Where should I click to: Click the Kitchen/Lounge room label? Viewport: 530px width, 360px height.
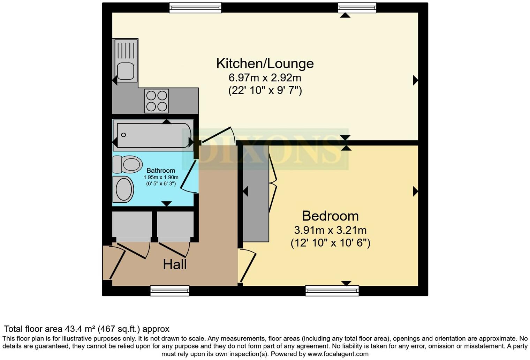(265, 63)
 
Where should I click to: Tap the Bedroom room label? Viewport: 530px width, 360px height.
(330, 216)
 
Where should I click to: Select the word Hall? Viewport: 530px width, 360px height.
(175, 264)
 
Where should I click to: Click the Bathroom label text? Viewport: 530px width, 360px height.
(161, 171)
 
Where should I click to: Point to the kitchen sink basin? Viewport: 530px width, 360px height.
(125, 71)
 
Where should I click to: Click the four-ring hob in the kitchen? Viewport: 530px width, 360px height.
(157, 101)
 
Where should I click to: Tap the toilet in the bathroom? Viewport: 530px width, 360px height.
(128, 164)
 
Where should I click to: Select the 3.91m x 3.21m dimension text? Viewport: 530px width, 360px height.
(330, 230)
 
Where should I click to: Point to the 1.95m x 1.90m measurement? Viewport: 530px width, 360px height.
(161, 177)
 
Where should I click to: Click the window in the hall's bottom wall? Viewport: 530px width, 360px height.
(170, 291)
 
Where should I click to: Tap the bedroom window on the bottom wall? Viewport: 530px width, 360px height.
(332, 291)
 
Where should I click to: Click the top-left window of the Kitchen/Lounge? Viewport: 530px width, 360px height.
(195, 8)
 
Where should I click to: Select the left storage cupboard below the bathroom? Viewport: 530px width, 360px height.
(132, 226)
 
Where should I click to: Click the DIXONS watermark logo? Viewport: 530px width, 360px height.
(270, 149)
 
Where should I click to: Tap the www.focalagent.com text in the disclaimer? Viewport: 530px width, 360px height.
(338, 354)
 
